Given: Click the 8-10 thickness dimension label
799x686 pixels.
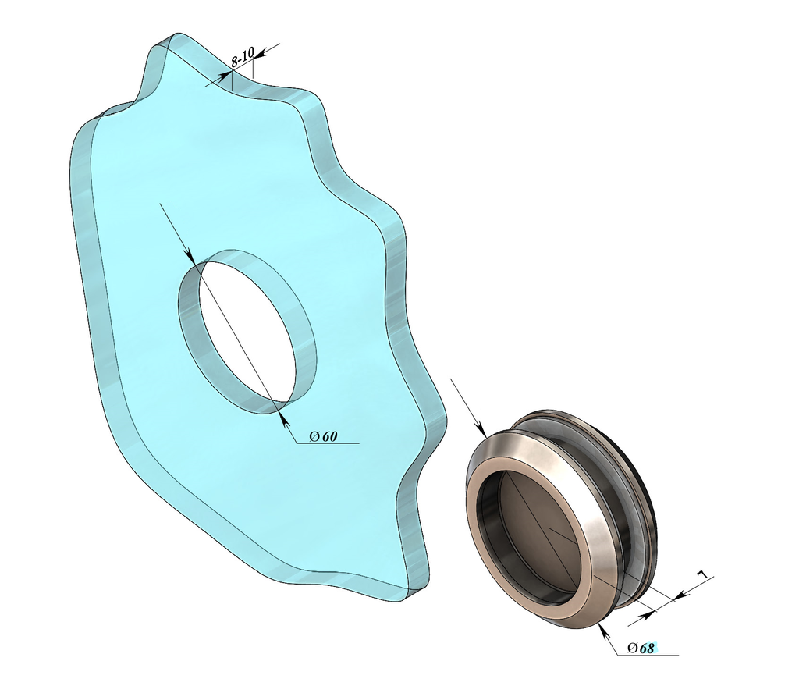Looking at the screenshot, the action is point(242,58).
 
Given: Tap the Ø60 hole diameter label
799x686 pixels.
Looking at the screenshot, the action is point(323,436).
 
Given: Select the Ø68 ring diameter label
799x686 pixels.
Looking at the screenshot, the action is point(641,648).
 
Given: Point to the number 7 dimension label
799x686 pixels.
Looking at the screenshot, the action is point(703,574).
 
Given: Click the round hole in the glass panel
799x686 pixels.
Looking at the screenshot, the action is point(247,331).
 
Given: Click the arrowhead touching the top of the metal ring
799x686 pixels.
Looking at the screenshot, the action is point(481,429).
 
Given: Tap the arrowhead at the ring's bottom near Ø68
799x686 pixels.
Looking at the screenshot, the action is point(604,631).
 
